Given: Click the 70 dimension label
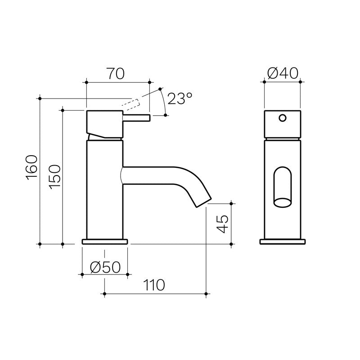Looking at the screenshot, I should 116,74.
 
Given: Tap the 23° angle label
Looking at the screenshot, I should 179,99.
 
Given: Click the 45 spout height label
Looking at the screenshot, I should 223,223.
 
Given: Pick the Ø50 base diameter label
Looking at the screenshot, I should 105,267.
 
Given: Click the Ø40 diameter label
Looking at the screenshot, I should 283,74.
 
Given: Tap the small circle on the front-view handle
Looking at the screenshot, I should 282,118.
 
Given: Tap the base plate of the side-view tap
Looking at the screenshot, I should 105,241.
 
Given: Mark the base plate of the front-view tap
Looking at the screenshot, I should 282,241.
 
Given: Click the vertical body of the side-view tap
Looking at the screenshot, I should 104,189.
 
